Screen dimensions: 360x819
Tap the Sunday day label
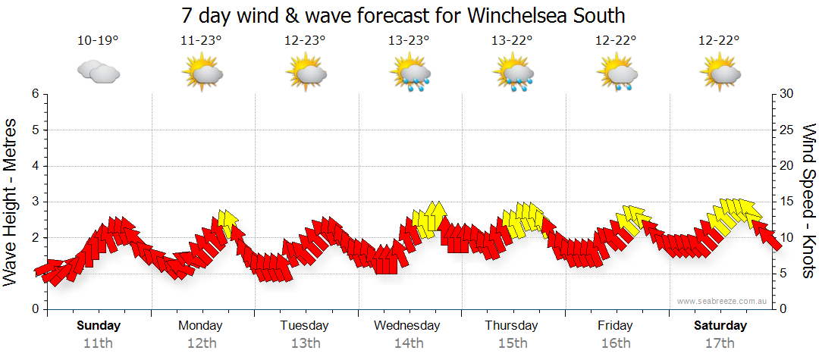pos(99,326)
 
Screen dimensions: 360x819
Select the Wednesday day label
pos(407,326)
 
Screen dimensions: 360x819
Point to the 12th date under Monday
pos(201,343)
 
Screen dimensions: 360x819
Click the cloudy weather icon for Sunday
pos(99,72)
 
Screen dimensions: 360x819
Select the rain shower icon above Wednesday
pos(410,74)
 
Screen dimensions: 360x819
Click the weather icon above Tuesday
pos(306,74)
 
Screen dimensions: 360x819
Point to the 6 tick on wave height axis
pos(35,94)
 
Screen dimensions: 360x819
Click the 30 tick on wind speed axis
pos(786,94)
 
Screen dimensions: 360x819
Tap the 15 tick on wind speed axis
pos(786,202)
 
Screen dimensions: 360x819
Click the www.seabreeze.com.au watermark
pos(723,301)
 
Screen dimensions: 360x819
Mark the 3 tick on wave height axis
pos(35,202)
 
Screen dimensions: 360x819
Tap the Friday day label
pos(615,326)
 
